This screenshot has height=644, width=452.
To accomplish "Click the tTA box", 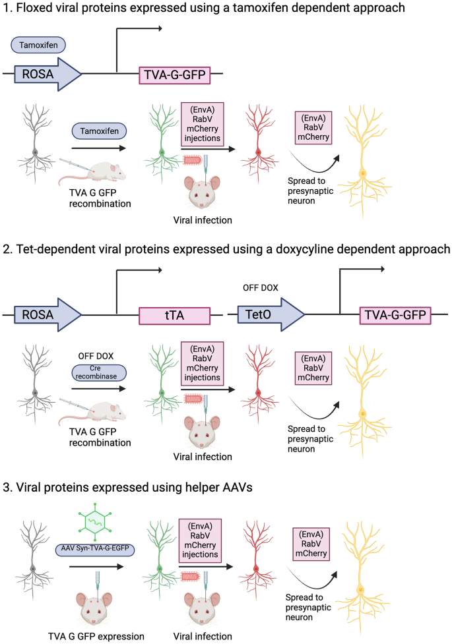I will [x=174, y=316].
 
